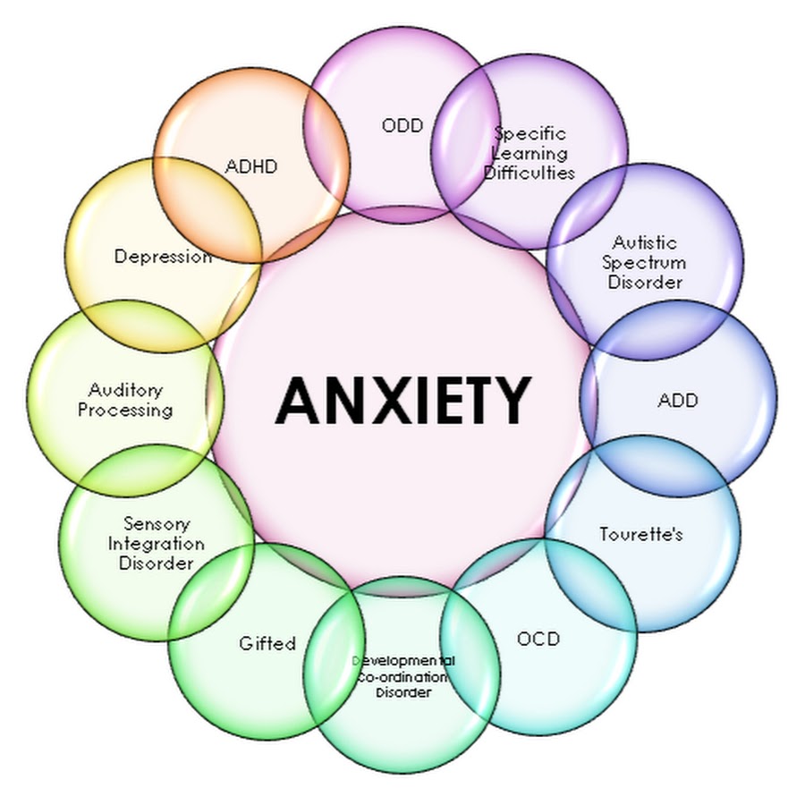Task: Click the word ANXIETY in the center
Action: pyautogui.click(x=402, y=400)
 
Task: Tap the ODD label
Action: pyautogui.click(x=402, y=126)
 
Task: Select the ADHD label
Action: pyautogui.click(x=251, y=166)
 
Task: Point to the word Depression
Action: pyautogui.click(x=163, y=257)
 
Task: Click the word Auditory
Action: pyautogui.click(x=126, y=390)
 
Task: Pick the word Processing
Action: pyautogui.click(x=125, y=411)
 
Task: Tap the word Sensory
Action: pyautogui.click(x=157, y=523)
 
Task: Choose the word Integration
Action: pyautogui.click(x=157, y=544)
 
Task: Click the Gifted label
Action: pyautogui.click(x=267, y=643)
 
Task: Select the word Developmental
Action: pyautogui.click(x=403, y=661)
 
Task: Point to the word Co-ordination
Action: pyautogui.click(x=402, y=677)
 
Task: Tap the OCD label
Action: pyautogui.click(x=538, y=639)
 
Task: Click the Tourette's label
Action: pyautogui.click(x=641, y=535)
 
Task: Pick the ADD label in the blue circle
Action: pyautogui.click(x=677, y=400)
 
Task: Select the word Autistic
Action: pyautogui.click(x=645, y=242)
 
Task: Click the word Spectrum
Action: pyautogui.click(x=644, y=263)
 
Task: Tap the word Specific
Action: pyautogui.click(x=530, y=133)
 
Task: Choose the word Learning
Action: pyautogui.click(x=530, y=153)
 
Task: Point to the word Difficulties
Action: pyautogui.click(x=530, y=173)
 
